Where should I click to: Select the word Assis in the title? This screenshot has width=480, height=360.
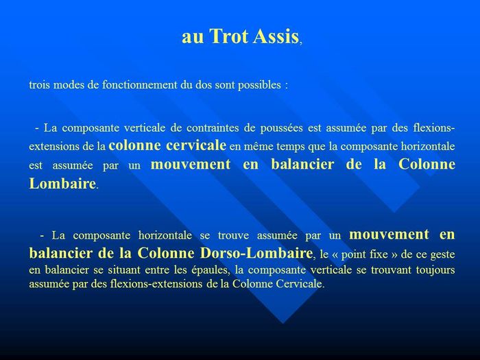pos(276,36)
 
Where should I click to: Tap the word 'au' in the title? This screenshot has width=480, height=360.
pos(193,38)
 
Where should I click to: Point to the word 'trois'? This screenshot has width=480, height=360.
pos(40,84)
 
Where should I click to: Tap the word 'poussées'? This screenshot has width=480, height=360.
pos(281,128)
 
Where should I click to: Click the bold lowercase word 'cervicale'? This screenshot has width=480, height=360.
pos(196,145)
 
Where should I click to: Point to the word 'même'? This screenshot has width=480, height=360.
pos(256,146)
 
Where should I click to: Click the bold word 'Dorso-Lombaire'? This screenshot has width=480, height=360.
pos(256,253)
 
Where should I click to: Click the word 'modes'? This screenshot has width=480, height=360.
pos(69,84)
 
